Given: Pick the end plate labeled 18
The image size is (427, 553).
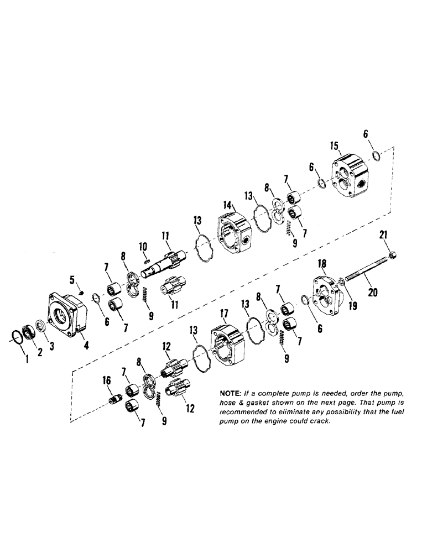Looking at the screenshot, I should tap(326, 293).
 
